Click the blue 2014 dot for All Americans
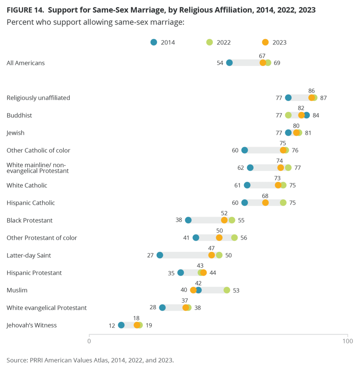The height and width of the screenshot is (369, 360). coord(229,63)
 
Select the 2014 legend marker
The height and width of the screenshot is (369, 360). coord(154,42)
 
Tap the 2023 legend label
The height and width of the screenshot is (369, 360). coord(279,42)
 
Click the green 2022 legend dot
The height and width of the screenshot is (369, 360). coord(210,42)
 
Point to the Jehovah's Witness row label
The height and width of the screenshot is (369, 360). coord(31,325)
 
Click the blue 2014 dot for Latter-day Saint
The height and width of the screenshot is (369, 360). coord(160,255)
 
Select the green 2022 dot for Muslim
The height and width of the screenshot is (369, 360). coord(227,290)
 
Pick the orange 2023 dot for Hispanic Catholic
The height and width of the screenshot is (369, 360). coord(265,203)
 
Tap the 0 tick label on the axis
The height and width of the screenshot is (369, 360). coord(89,341)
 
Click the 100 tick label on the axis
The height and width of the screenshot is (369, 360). coord(348,341)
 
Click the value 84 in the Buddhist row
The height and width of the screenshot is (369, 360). coord(316,115)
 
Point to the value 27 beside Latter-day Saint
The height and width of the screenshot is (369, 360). coord(150,255)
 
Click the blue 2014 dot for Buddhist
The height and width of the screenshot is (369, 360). coord(307,115)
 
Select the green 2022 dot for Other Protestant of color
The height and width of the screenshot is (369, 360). coord(234,238)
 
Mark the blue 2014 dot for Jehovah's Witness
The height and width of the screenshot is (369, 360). coord(121,325)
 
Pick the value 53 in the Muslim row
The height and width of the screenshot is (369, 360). coord(236,290)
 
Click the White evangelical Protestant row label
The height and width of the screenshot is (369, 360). coord(46,308)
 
